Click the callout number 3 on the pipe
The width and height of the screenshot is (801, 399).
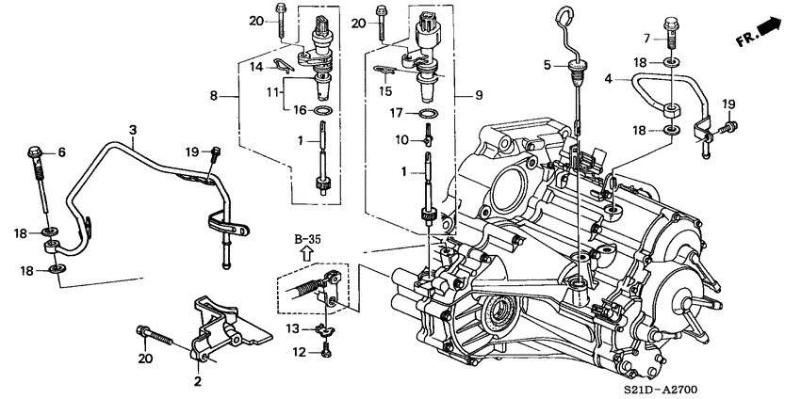pos(133,128)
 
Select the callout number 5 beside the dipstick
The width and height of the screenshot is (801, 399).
pos(546,66)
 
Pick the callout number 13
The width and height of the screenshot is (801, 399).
pos(293,327)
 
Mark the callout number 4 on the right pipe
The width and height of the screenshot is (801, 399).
pos(610,80)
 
